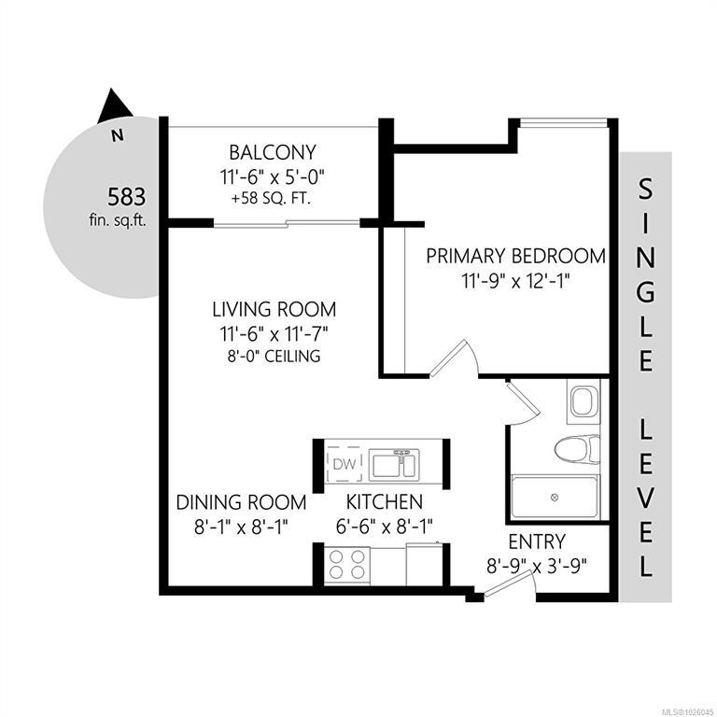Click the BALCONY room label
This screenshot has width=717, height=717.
click(272, 152)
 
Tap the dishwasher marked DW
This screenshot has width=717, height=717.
click(344, 464)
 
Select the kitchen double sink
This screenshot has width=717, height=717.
click(394, 464)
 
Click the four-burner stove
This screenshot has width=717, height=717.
click(347, 565)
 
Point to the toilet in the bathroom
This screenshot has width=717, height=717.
click(577, 449)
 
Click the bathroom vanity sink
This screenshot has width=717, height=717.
click(583, 401)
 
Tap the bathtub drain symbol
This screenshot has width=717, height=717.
click(555, 497)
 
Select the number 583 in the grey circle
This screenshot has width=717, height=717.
click(127, 197)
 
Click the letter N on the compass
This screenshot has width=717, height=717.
click(118, 135)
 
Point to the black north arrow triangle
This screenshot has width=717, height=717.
click(113, 106)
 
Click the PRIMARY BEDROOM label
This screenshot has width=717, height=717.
click(515, 256)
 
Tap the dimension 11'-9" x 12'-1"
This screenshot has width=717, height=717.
click(516, 281)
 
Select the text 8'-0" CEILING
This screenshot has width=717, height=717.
click(274, 356)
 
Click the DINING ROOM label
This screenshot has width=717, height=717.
click(241, 502)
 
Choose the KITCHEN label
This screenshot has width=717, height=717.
click(384, 502)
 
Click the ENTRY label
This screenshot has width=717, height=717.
click(537, 541)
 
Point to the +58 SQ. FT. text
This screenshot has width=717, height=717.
click(272, 199)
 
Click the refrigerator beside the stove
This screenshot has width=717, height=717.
click(424, 564)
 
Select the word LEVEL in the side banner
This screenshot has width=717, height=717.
click(645, 499)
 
